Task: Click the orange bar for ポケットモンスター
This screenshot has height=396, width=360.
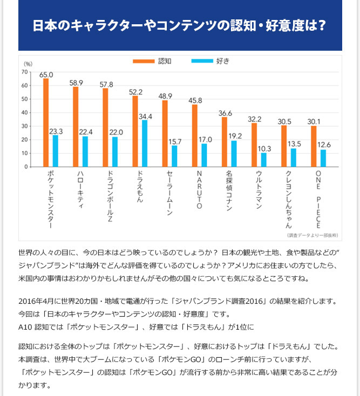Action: (x=46, y=122)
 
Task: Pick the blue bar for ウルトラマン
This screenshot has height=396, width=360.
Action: (x=263, y=160)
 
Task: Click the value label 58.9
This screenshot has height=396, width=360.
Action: (x=76, y=83)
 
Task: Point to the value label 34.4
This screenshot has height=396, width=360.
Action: (x=145, y=116)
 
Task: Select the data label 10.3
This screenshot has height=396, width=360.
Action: (x=264, y=149)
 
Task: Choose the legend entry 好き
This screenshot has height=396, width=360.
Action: (x=223, y=61)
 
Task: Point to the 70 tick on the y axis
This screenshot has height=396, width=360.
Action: (x=25, y=72)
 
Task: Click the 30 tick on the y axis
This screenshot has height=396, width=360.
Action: (x=25, y=126)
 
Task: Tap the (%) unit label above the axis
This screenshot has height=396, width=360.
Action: (x=28, y=64)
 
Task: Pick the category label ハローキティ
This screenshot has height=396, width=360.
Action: (x=80, y=192)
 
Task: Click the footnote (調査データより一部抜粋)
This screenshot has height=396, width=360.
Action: (x=313, y=235)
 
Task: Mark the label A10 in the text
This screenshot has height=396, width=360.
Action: (x=25, y=327)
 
